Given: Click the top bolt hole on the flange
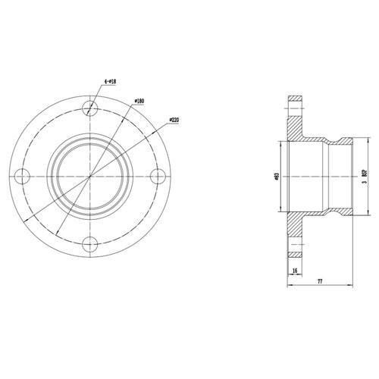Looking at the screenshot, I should coord(90,106).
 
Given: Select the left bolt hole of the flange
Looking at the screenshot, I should coord(22,175).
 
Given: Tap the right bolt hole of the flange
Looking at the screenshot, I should coord(158,175).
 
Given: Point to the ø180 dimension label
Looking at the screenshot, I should coord(139,99).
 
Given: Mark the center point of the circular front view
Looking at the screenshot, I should coord(90,175).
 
